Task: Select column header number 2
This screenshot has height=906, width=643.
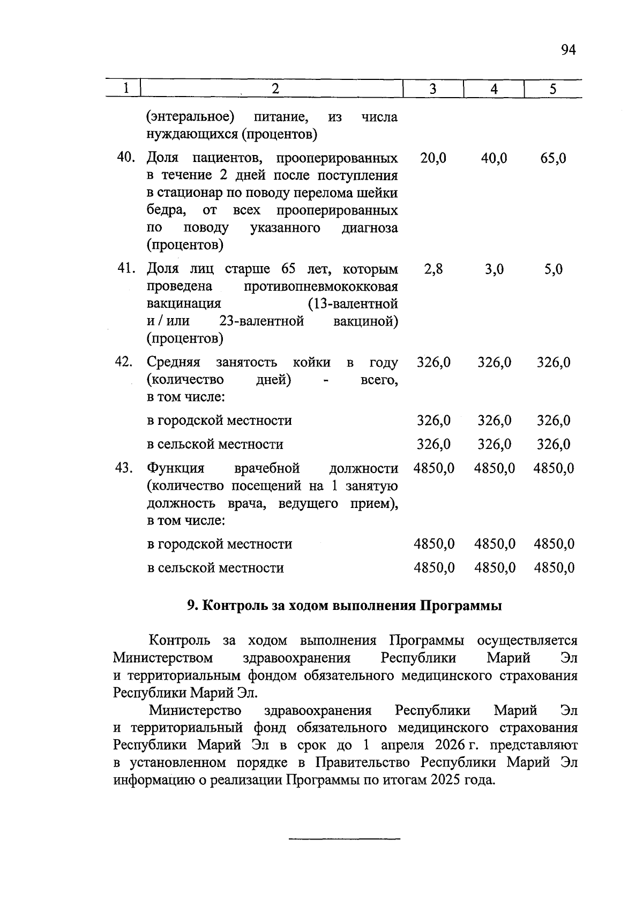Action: tap(275, 89)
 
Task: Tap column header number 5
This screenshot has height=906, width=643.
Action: tap(553, 89)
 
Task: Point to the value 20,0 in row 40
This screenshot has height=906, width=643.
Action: tap(433, 158)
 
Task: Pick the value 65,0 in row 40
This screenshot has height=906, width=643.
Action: tap(553, 158)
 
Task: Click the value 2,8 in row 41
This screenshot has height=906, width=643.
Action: tap(433, 269)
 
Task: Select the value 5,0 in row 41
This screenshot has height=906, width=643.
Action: tap(554, 269)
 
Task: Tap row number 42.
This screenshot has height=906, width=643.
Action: tap(124, 362)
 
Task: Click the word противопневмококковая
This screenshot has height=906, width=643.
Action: tap(321, 286)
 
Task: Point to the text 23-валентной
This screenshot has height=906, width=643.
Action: tap(261, 321)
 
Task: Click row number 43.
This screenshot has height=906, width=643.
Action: tap(124, 468)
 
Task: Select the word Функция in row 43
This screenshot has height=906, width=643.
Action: tap(176, 468)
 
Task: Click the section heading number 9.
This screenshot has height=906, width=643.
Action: tap(193, 606)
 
